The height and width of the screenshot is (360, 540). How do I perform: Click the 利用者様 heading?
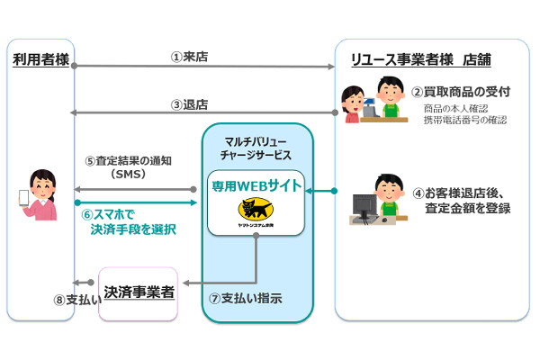[40, 60]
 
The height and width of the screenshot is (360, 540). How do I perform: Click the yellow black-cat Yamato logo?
[257, 211]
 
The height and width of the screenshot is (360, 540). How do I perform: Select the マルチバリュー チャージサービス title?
[256, 146]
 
